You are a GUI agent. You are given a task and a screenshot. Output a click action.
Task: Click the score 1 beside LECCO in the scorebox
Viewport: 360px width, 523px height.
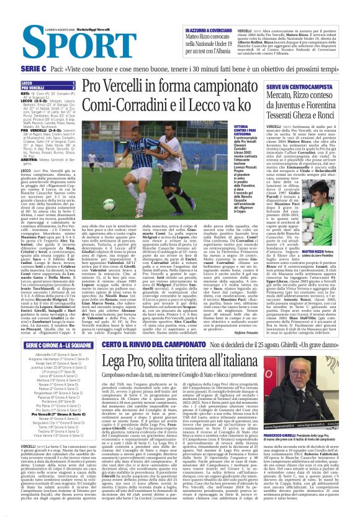pos(73,83)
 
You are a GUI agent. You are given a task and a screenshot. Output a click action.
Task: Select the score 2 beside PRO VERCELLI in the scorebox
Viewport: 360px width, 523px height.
pos(73,88)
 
